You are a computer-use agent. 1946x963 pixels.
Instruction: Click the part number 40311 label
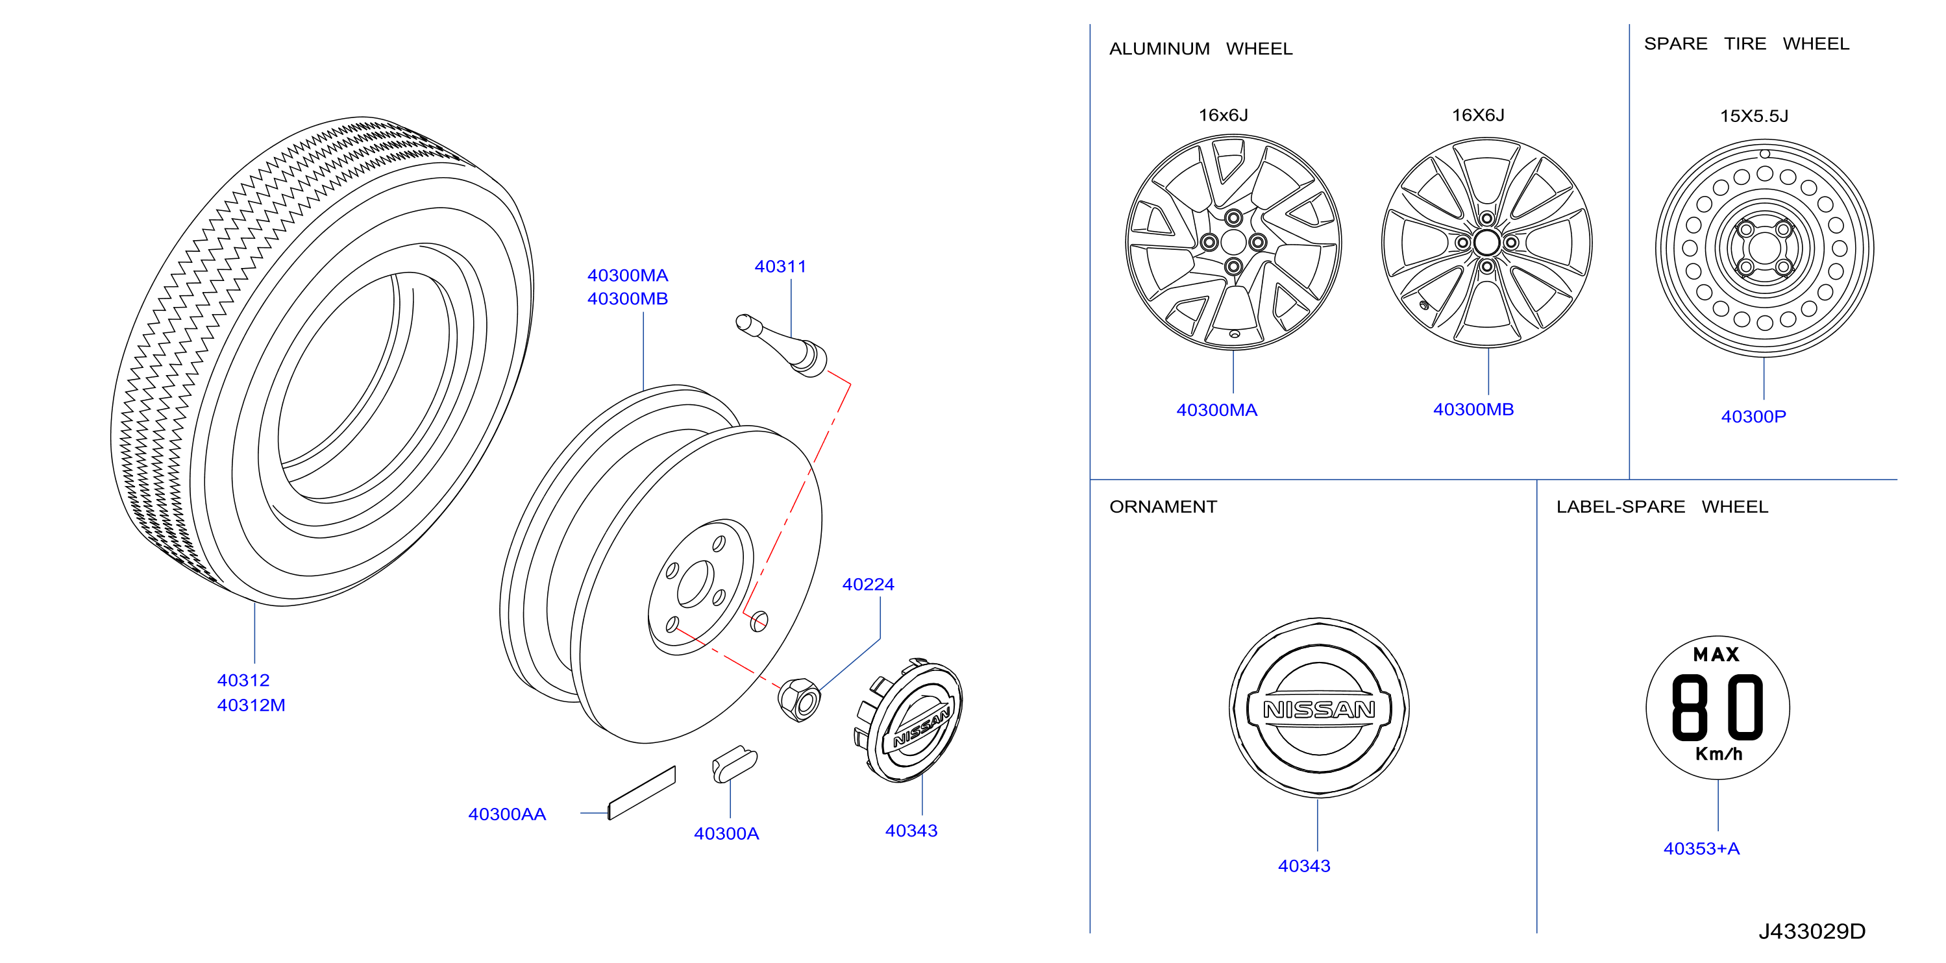tap(780, 267)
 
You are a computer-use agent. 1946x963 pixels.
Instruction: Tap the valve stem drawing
tap(782, 346)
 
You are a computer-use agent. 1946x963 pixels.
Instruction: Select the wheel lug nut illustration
tap(799, 700)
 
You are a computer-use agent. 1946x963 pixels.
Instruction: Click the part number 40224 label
tap(868, 585)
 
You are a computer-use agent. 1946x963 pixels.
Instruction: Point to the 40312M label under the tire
tap(251, 705)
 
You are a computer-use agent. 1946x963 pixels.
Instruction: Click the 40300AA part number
tap(507, 814)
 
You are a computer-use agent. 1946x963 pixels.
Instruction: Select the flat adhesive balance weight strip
tap(642, 792)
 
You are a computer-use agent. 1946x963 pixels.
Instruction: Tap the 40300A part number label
tap(726, 834)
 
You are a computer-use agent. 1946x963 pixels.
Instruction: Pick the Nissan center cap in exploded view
tap(909, 720)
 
